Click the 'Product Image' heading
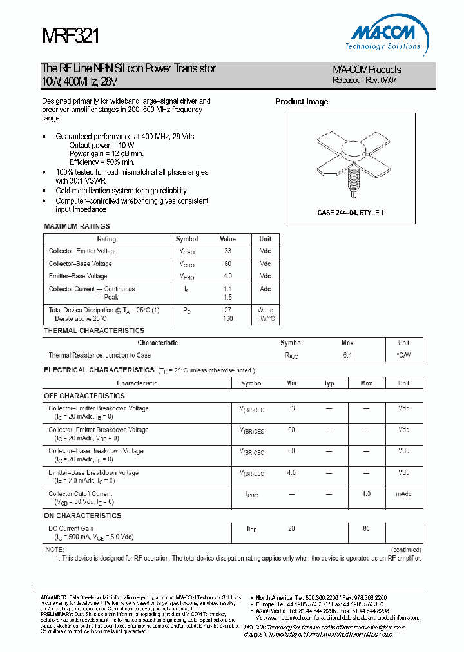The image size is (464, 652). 302,102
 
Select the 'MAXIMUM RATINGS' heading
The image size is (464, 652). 77,226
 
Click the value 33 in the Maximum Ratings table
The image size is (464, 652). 227,251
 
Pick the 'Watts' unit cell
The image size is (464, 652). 265,310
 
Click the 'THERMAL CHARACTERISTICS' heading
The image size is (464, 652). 93,331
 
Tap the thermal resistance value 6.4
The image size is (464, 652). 347,355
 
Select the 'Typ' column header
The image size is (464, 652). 329,383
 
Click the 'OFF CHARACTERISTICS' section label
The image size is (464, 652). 84,396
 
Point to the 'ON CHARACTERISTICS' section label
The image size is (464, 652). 82,515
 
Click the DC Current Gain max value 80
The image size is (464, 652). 366,528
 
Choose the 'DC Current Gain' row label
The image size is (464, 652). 71,528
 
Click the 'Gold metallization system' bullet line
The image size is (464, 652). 121,191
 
